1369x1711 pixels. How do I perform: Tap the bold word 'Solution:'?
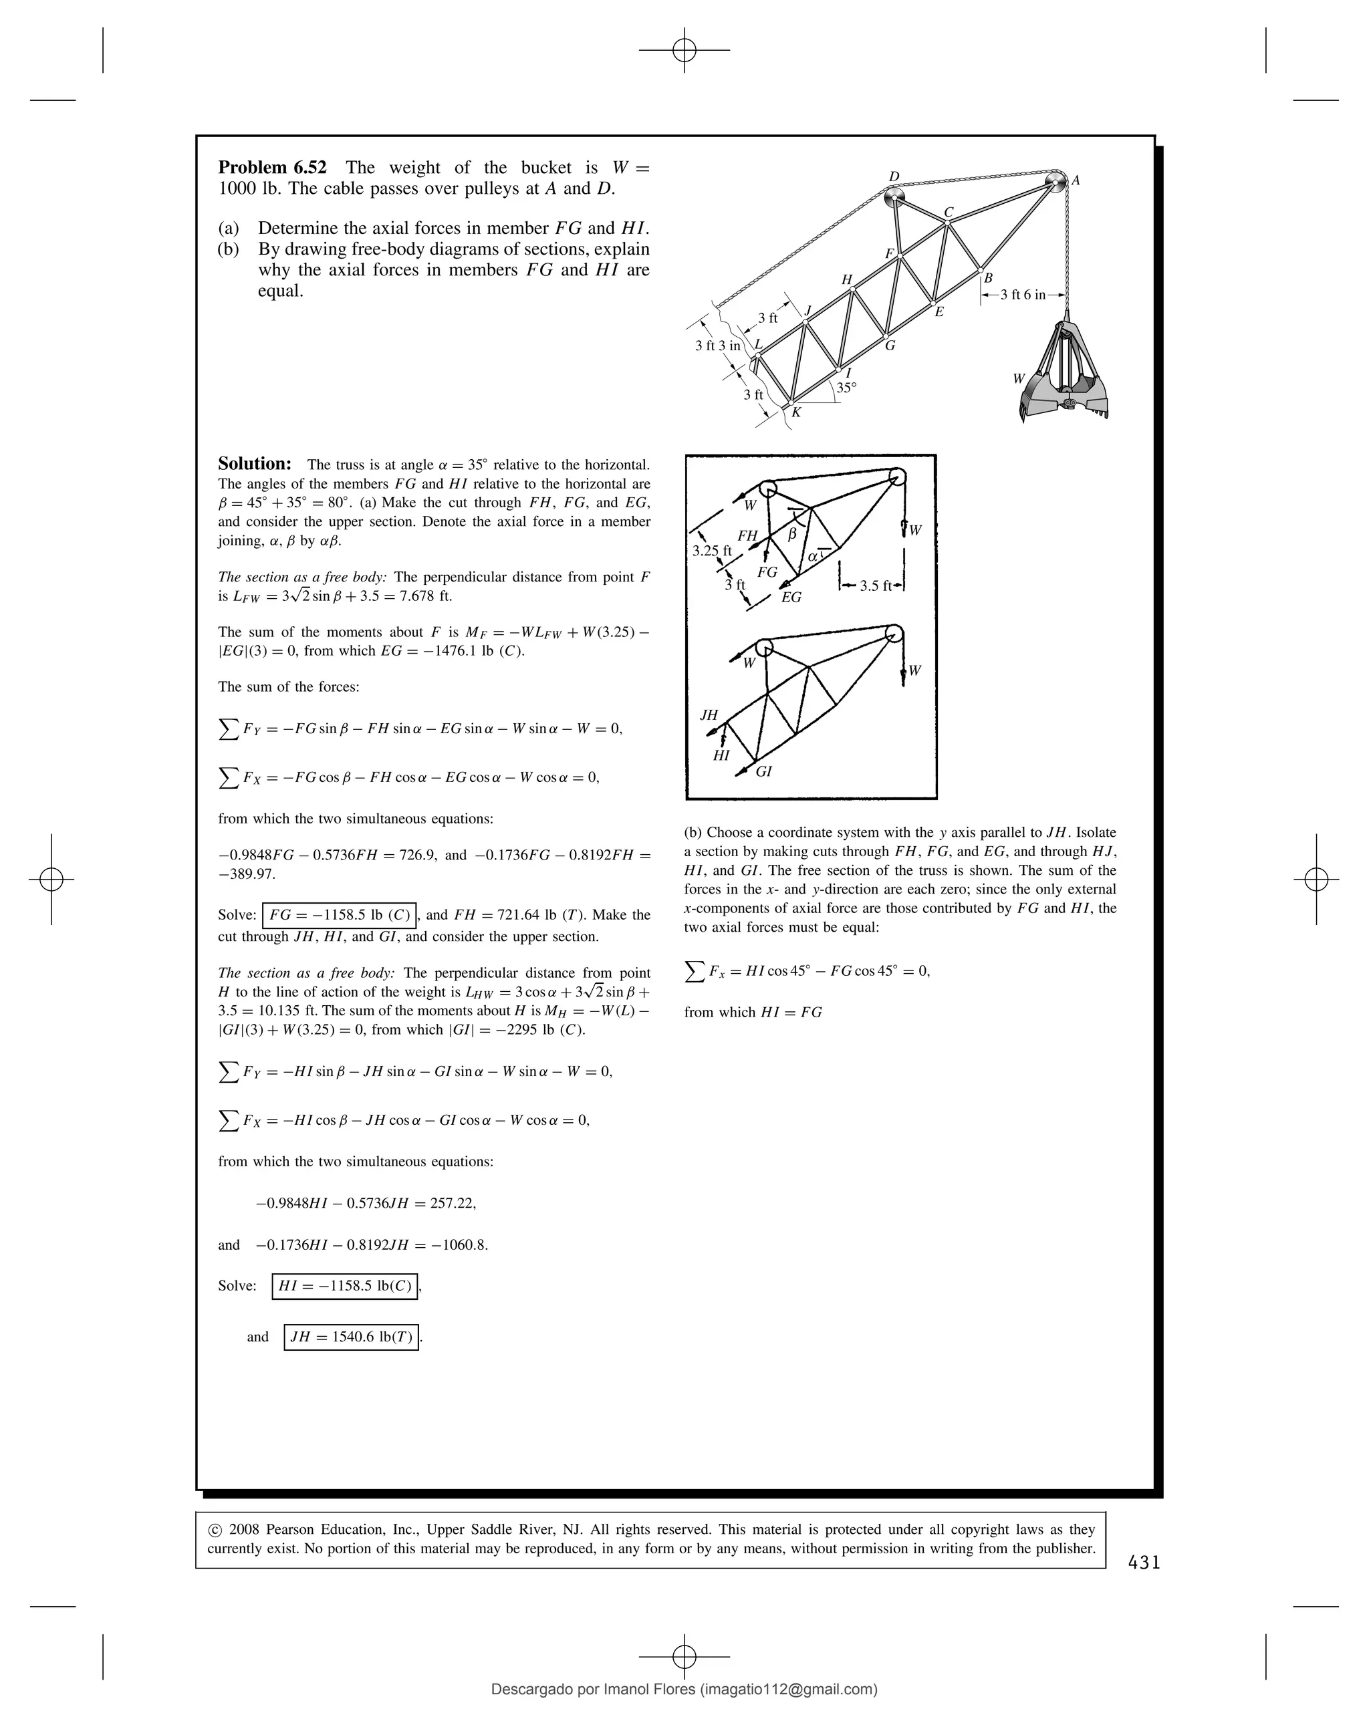pos(255,465)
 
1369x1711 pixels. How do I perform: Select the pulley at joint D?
pos(894,196)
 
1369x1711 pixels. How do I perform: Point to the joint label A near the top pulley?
pos(1076,181)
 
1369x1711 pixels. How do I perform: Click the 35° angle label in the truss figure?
pos(847,388)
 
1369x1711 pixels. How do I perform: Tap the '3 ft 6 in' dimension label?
pos(1022,295)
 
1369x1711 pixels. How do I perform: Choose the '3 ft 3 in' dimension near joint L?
pos(717,346)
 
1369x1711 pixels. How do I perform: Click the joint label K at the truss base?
pos(796,412)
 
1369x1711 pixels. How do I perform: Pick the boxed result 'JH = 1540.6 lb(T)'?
pos(352,1337)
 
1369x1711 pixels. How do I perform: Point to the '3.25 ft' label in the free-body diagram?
pos(711,551)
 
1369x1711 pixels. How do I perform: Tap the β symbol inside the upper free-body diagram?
pos(791,535)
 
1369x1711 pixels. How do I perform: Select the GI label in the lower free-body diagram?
pos(763,771)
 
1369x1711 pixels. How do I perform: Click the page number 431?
pos(1144,1563)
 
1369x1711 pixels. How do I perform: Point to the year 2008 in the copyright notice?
pos(245,1529)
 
